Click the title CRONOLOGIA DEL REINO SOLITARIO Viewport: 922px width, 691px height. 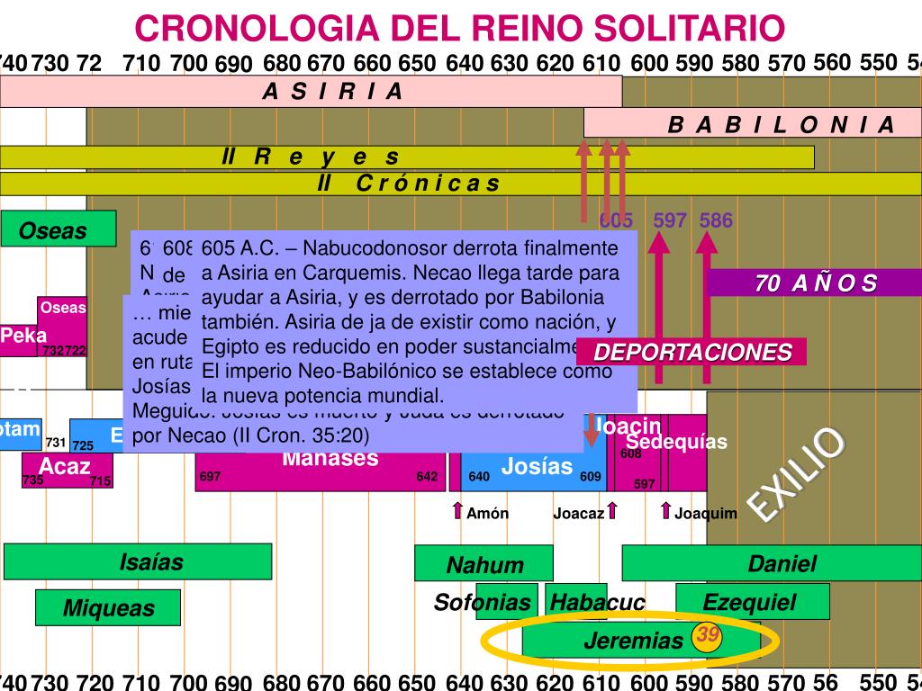click(460, 28)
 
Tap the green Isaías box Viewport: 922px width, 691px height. click(138, 562)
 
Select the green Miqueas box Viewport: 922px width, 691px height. click(108, 608)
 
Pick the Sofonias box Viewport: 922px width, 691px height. click(483, 602)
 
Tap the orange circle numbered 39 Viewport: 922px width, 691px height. click(709, 636)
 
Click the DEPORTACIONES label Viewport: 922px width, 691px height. click(692, 352)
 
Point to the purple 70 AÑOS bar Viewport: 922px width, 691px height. click(815, 283)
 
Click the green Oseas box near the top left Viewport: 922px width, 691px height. click(59, 229)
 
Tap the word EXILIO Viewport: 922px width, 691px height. click(798, 473)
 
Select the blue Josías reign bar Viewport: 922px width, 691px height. click(537, 467)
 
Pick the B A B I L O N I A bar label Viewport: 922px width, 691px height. click(781, 124)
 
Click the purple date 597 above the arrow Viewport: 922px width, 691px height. click(670, 220)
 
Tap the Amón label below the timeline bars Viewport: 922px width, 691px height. click(487, 514)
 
